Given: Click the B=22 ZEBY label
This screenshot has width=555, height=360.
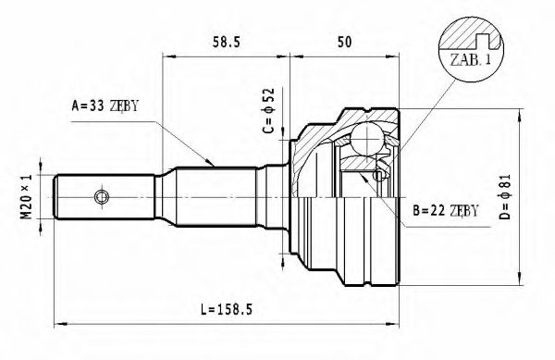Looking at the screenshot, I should [444, 210].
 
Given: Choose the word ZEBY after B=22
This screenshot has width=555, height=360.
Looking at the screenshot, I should [462, 210].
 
